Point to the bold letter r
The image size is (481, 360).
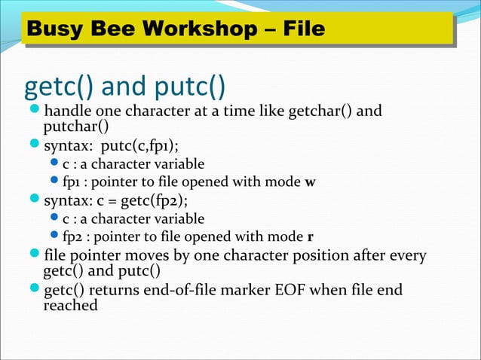pyautogui.click(x=310, y=238)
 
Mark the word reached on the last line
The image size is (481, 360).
pyautogui.click(x=71, y=305)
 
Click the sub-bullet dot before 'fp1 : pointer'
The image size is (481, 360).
pyautogui.click(x=54, y=182)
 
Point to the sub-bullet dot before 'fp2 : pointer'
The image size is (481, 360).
pyautogui.click(x=54, y=238)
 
